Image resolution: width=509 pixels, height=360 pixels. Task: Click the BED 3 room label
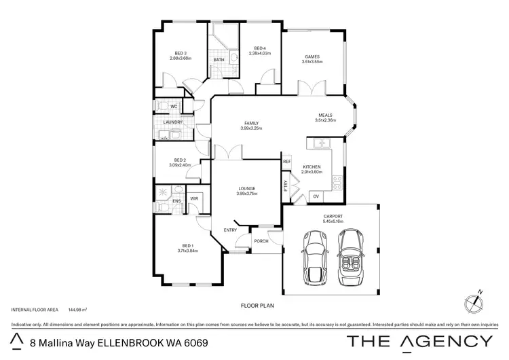click(181, 54)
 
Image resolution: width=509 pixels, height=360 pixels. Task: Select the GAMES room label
click(312, 58)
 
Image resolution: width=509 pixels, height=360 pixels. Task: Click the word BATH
click(219, 60)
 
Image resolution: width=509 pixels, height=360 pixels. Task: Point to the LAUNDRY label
click(173, 122)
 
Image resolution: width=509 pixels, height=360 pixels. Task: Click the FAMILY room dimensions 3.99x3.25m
click(252, 128)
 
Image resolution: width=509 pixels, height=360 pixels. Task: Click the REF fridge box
click(286, 162)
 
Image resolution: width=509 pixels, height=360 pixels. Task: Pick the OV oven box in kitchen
click(316, 196)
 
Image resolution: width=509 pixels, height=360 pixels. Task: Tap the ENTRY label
click(230, 230)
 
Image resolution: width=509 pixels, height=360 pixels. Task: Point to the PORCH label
click(261, 240)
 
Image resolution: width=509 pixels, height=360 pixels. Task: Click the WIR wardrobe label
click(193, 198)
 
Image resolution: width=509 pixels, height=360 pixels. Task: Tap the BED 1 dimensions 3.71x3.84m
click(187, 251)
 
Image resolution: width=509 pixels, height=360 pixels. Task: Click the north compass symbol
click(474, 300)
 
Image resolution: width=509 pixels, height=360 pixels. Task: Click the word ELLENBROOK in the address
click(131, 341)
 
